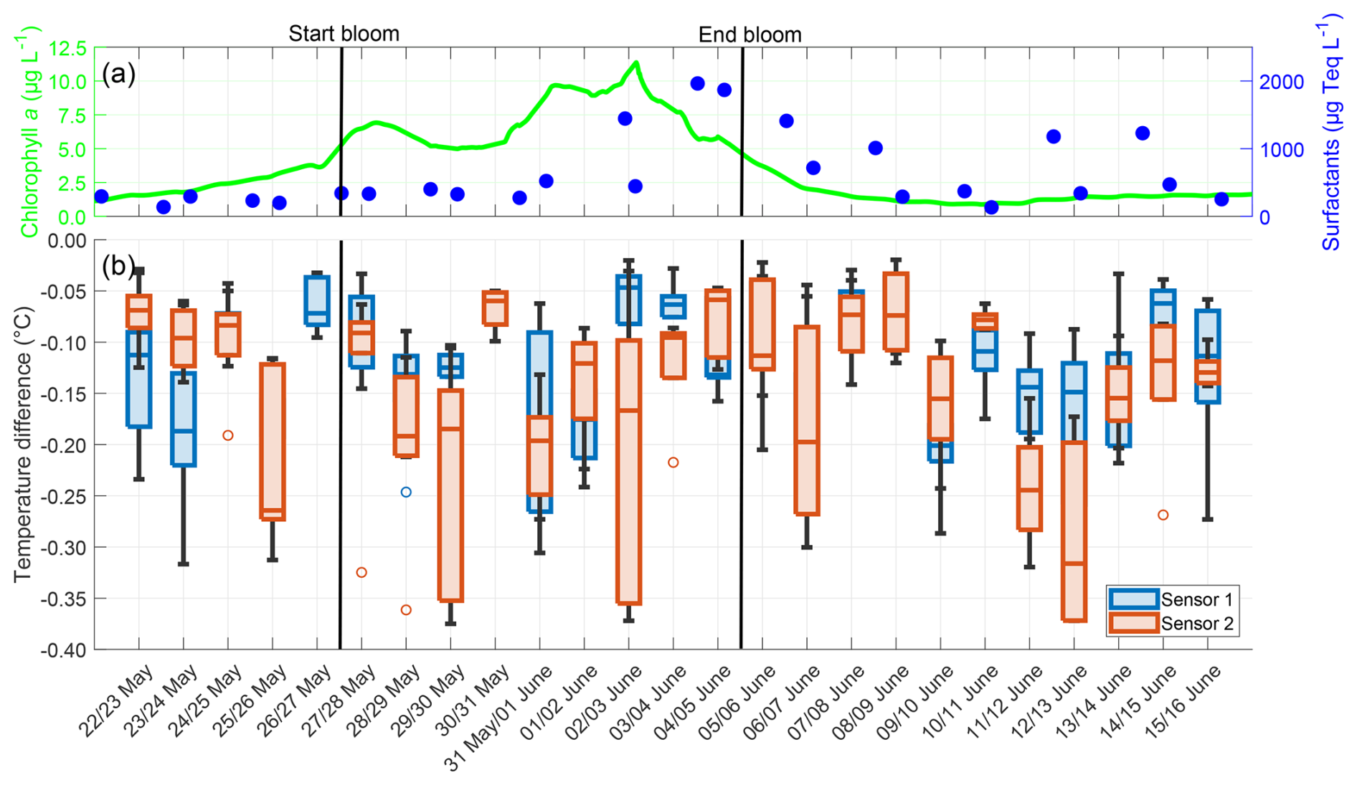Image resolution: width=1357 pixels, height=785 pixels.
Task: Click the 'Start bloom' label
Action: pos(344,34)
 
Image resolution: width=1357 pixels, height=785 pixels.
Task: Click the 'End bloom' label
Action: pos(750,34)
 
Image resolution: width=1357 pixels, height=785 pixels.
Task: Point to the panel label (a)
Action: pos(118,74)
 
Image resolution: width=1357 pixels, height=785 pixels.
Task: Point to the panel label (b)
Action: pos(118,266)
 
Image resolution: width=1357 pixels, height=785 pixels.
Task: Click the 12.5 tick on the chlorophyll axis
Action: pos(67,49)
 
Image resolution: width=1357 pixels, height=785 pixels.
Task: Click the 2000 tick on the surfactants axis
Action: pos(1282,82)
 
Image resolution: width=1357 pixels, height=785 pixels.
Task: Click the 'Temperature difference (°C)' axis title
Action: pos(23,444)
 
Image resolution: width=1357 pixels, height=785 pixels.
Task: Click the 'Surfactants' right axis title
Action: pos(1331,136)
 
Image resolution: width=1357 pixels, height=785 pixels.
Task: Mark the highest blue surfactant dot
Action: pos(697,84)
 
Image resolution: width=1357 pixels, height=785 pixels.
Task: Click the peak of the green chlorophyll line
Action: pos(635,63)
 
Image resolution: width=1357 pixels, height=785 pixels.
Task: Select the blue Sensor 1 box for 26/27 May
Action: pos(317,300)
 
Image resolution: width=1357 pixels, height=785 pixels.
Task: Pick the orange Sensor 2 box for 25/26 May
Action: pos(273,441)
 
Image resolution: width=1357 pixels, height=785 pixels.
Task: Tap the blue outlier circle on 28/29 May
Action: pos(406,492)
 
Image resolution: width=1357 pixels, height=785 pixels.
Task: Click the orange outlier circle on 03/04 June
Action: pos(673,462)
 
